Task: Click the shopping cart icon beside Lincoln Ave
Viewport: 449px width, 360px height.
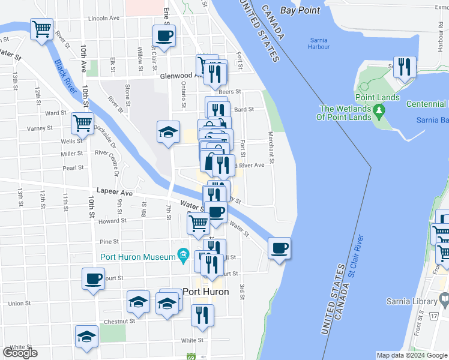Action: pyautogui.click(x=41, y=29)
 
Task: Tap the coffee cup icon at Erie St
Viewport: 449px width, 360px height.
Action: pyautogui.click(x=164, y=35)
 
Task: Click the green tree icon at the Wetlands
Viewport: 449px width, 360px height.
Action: pyautogui.click(x=378, y=110)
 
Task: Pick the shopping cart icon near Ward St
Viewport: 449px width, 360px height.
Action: pyautogui.click(x=82, y=124)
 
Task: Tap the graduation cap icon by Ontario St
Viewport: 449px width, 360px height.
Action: pyautogui.click(x=168, y=131)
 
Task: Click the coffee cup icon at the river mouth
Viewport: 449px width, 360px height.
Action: pyautogui.click(x=280, y=248)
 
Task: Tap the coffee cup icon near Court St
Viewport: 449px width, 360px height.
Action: pyautogui.click(x=94, y=278)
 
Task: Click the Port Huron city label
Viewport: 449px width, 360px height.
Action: pyautogui.click(x=206, y=292)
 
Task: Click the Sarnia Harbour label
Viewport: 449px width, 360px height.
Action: pyautogui.click(x=318, y=44)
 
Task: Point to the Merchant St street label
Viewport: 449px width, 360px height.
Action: pyautogui.click(x=271, y=148)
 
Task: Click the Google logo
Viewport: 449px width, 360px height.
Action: pyautogui.click(x=20, y=353)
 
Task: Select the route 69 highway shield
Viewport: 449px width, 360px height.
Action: pyautogui.click(x=191, y=356)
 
